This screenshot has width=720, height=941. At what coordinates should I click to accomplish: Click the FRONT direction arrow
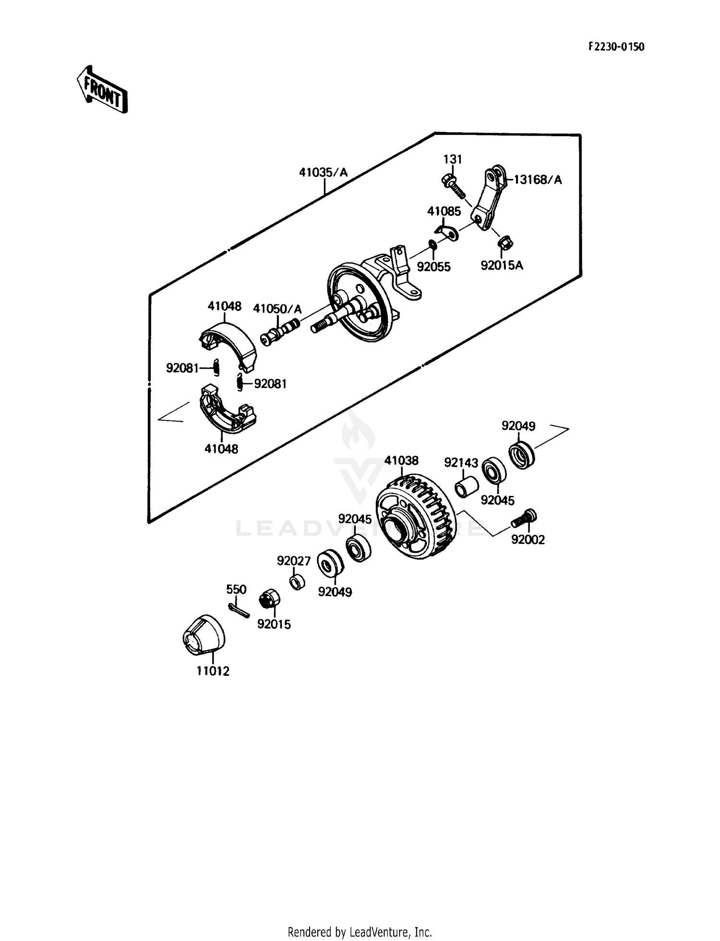tap(102, 89)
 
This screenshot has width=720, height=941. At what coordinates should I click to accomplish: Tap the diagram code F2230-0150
tap(616, 47)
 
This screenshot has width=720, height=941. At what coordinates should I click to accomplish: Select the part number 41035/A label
tap(323, 172)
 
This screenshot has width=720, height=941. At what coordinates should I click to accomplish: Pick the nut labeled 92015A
tap(505, 243)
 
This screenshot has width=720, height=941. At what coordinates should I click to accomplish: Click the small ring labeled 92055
tap(432, 245)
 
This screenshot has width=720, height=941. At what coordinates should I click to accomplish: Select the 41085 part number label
tap(444, 211)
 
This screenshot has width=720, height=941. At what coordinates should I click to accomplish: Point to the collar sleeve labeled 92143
tap(467, 487)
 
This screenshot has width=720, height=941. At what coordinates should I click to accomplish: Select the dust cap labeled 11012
tap(204, 635)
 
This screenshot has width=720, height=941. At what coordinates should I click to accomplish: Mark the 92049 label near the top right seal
tap(518, 426)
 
